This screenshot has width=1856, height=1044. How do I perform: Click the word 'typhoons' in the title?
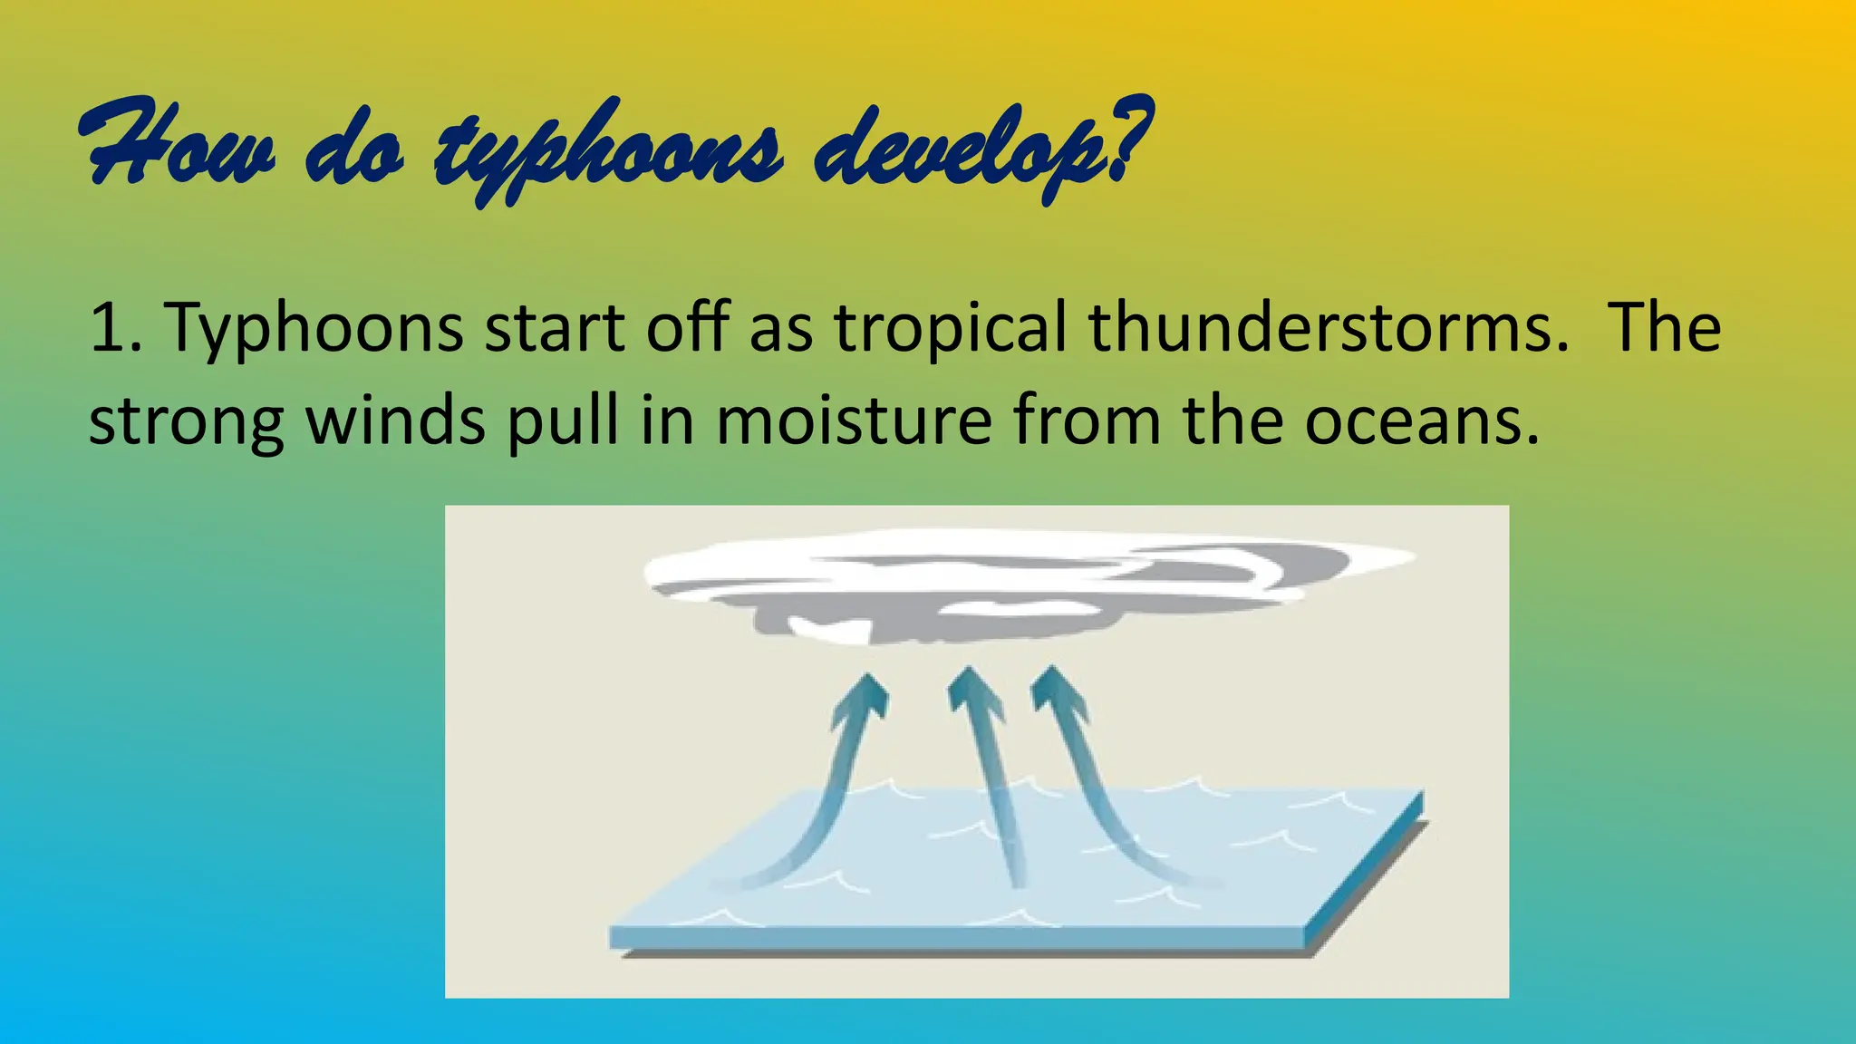tap(607, 150)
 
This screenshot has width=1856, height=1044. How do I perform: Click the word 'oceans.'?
tap(1422, 422)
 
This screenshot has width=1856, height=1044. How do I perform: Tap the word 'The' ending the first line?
tap(1664, 327)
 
